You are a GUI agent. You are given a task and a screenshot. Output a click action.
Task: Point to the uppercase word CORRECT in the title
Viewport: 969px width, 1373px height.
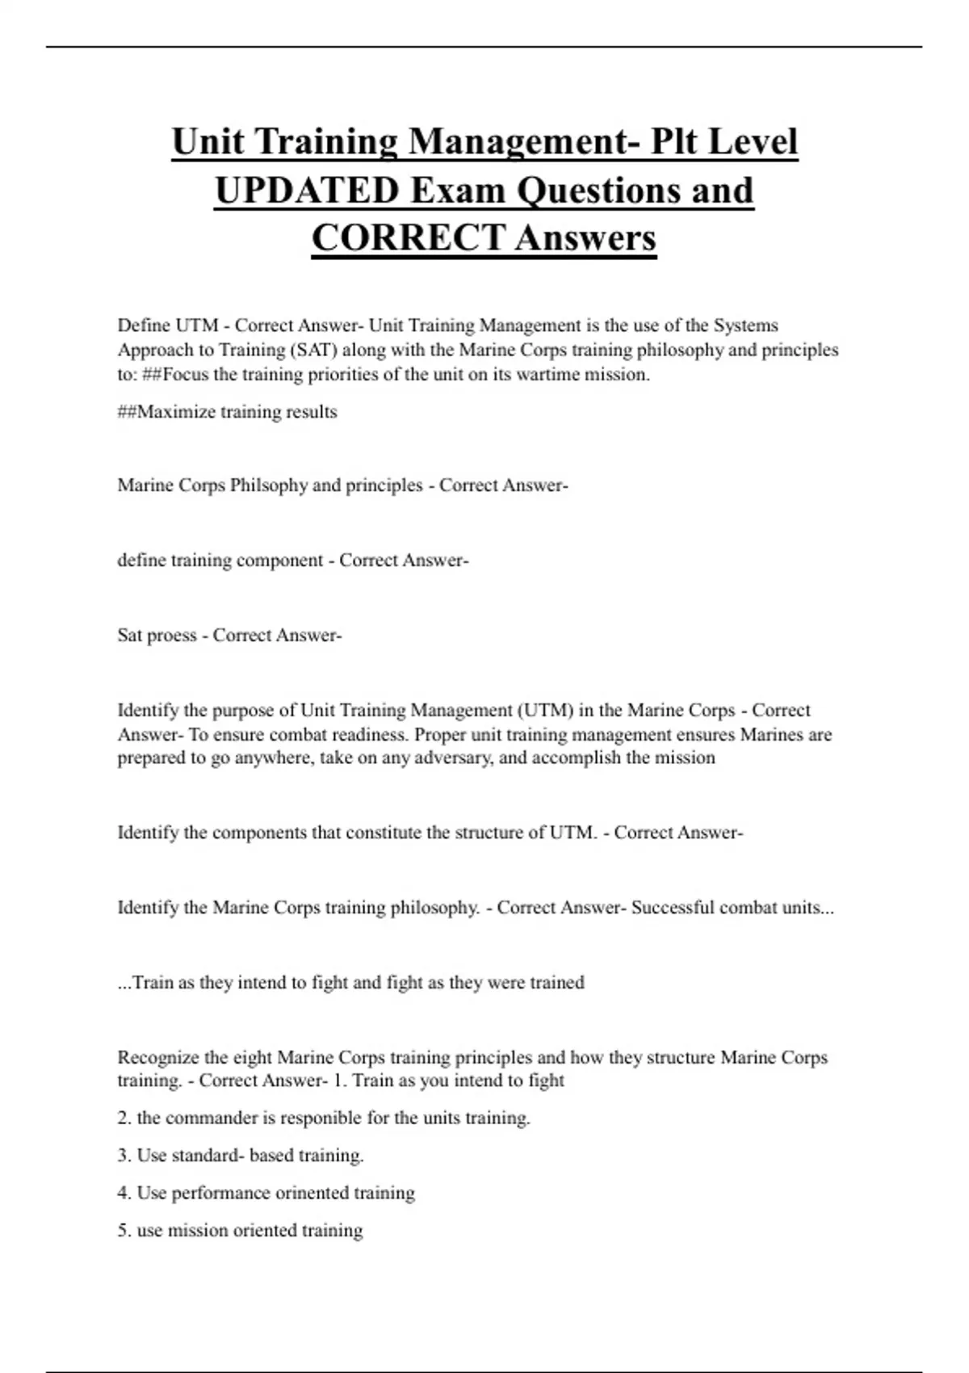408,238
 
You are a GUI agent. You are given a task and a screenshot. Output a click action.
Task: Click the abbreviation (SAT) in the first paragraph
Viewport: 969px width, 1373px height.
313,350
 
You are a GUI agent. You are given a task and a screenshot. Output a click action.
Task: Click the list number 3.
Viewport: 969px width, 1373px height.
124,1156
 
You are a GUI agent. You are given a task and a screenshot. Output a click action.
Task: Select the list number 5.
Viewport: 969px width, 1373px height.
124,1231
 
